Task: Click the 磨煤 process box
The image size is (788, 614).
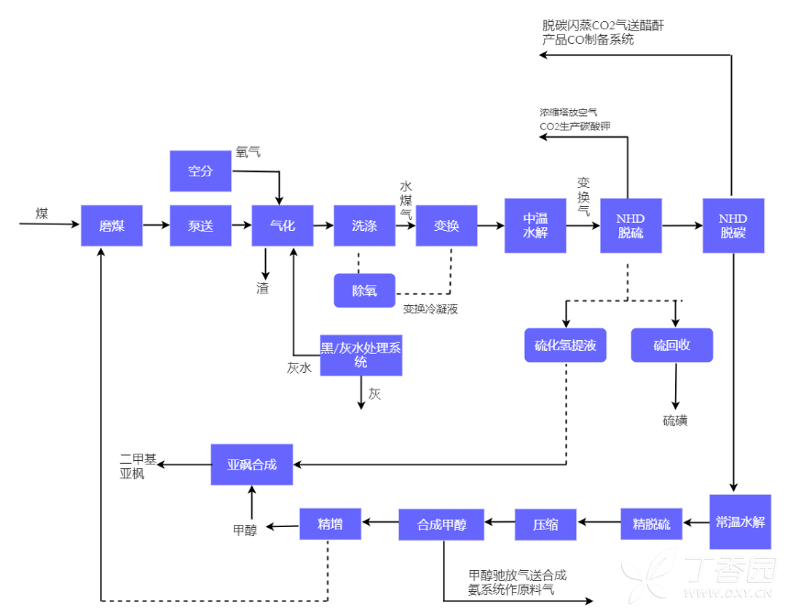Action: point(112,225)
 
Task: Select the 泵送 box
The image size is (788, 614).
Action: point(200,225)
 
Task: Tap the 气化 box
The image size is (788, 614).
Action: point(283,225)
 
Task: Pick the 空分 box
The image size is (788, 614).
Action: point(200,170)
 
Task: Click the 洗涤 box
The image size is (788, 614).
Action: point(364,225)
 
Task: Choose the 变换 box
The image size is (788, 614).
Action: point(447,225)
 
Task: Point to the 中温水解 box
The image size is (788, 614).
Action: point(535,225)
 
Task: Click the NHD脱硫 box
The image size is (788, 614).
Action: point(630,225)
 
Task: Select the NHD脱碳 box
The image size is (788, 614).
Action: point(733,225)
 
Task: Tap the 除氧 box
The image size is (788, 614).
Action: point(364,291)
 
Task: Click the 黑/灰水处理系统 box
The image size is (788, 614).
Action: point(361,355)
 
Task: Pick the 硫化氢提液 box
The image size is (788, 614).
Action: point(565,345)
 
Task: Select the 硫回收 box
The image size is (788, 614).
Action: point(671,345)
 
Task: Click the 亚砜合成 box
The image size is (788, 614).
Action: point(252,465)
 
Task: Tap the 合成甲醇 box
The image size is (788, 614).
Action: point(442,525)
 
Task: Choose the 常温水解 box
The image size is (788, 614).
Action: point(739,522)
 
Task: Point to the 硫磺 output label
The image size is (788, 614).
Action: point(675,421)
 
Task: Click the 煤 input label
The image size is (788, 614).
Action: point(42,214)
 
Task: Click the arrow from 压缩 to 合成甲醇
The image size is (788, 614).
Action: point(500,523)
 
